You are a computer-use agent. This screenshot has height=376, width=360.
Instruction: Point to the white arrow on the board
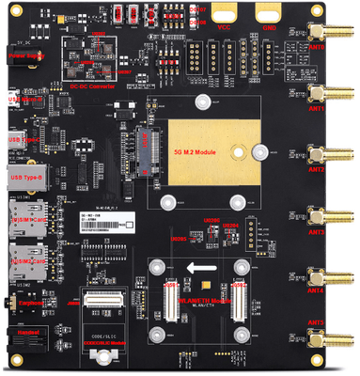[x=200, y=269]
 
